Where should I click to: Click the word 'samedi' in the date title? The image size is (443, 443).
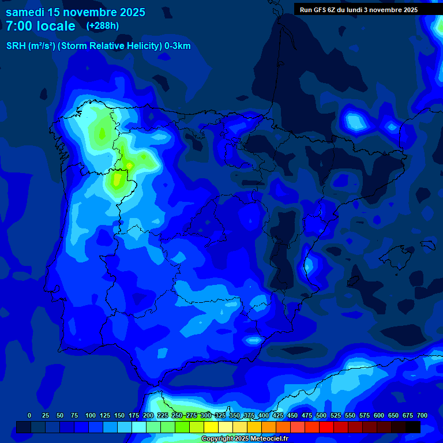[25, 12]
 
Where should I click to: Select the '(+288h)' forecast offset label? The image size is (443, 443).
[102, 26]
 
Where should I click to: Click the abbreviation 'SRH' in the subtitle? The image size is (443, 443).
[16, 46]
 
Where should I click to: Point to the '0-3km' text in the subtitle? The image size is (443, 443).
[177, 46]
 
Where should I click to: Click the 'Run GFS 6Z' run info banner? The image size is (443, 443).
[358, 9]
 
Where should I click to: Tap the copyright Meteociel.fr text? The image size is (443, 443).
[245, 439]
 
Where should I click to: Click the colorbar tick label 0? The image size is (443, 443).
[29, 415]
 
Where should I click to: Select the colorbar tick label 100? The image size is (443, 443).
[91, 415]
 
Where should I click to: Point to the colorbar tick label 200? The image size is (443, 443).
[148, 415]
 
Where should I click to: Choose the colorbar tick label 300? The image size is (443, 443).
[206, 415]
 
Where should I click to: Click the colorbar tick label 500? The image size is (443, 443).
[321, 415]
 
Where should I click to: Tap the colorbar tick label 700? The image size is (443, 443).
[422, 415]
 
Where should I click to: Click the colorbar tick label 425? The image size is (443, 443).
[278, 415]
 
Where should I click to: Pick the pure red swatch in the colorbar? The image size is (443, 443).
[326, 427]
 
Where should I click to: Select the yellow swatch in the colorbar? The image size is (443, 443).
[211, 427]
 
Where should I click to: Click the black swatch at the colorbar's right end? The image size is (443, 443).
[413, 427]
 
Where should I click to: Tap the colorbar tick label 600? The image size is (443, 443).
[379, 415]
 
